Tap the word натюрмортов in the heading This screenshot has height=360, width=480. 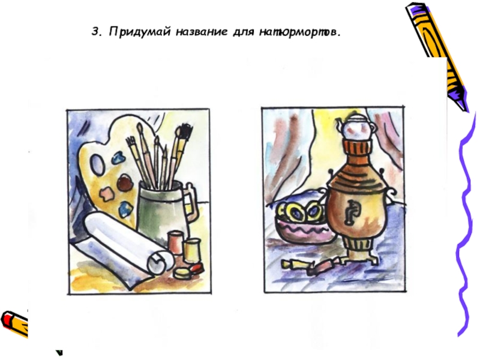point(301,32)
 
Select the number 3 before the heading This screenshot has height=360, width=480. point(97,32)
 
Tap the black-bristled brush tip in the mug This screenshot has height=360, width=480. point(185,131)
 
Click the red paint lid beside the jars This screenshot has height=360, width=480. point(197,269)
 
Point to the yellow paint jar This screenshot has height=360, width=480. point(191,250)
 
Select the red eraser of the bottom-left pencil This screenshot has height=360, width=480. point(7,319)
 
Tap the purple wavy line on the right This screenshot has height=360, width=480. point(466,224)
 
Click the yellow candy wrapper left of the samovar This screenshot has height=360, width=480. point(292,265)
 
